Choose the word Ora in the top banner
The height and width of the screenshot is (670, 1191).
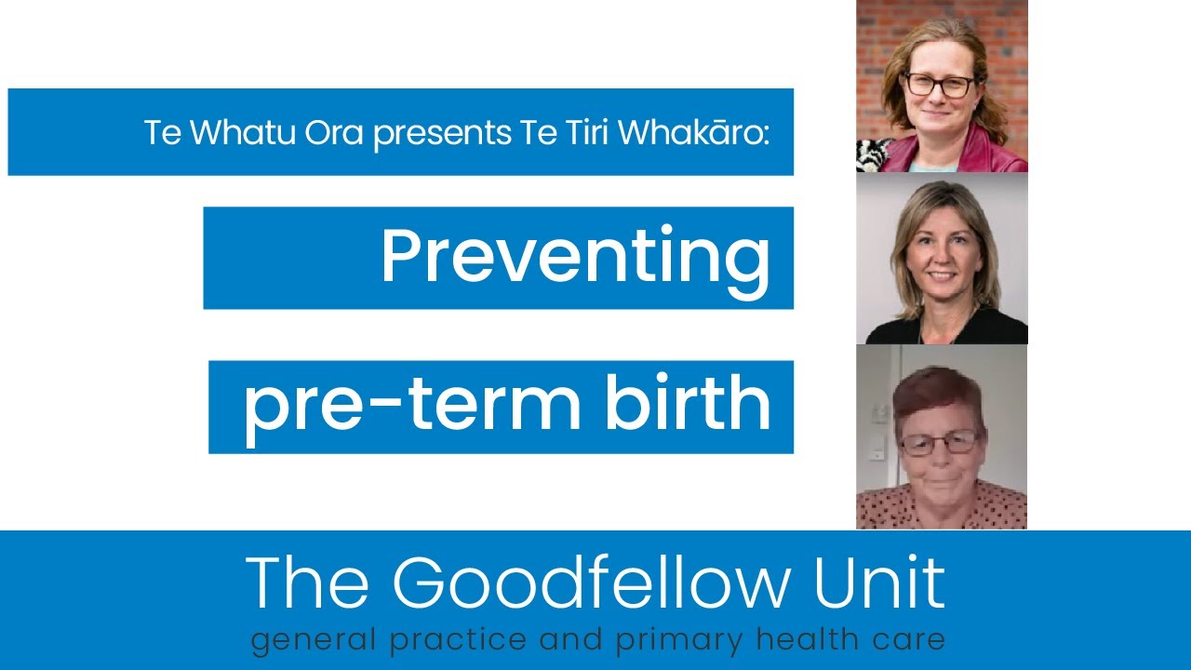335,132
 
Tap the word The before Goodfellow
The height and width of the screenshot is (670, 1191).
311,583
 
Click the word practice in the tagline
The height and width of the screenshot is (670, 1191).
443,641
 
